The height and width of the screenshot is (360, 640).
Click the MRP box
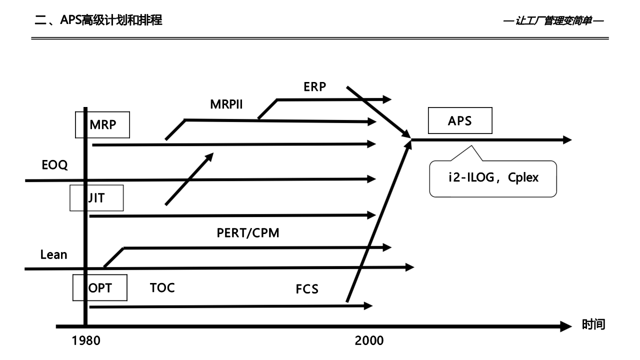point(102,124)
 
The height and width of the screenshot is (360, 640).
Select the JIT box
point(96,198)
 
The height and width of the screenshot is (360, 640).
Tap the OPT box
point(100,287)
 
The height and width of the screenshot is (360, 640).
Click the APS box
point(460,120)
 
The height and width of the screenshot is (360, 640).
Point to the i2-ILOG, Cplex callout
point(492,178)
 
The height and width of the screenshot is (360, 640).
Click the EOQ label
point(54,165)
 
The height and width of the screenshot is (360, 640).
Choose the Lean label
point(53,254)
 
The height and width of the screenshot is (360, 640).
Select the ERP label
point(314,86)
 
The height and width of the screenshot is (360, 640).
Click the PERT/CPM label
point(248,232)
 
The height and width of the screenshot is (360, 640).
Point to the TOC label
point(162,287)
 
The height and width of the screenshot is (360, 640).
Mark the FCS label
point(307,289)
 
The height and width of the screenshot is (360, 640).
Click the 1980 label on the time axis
point(86,341)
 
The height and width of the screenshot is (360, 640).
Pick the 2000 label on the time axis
point(369,341)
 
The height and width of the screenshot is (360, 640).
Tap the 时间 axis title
point(593,325)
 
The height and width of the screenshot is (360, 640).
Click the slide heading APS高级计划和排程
point(98,20)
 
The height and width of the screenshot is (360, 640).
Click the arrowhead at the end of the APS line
point(567,140)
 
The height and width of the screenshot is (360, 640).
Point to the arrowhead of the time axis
point(565,326)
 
